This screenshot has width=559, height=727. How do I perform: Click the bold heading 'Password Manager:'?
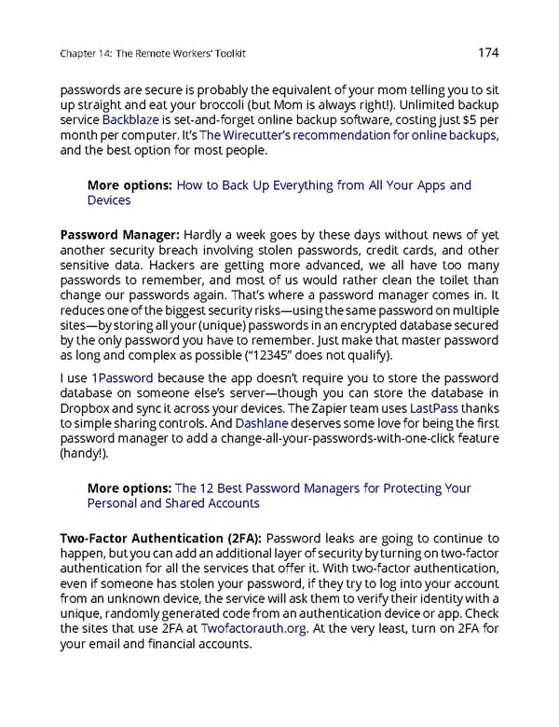(x=119, y=233)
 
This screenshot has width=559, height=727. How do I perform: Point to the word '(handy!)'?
(x=84, y=453)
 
